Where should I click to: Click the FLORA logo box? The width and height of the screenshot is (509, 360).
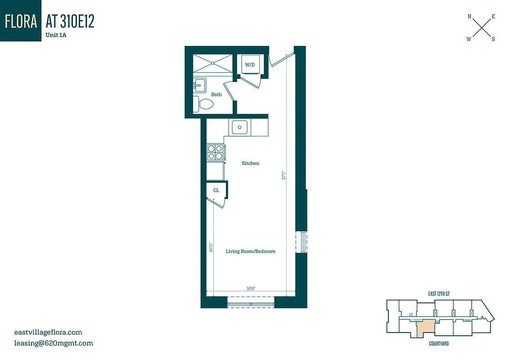click(x=21, y=21)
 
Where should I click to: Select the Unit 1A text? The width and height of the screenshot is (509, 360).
click(x=56, y=35)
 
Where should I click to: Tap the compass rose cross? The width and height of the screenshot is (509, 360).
click(x=481, y=28)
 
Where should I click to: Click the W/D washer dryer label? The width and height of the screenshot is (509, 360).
click(x=250, y=65)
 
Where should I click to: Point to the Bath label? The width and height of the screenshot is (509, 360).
click(x=216, y=94)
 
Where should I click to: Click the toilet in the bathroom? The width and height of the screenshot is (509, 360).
click(x=203, y=104)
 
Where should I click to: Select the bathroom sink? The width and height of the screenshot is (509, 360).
click(x=200, y=85)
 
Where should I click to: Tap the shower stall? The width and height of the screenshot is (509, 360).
click(x=213, y=63)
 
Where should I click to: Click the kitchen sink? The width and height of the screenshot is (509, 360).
click(x=240, y=127)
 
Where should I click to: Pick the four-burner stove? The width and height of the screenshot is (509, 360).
click(x=216, y=152)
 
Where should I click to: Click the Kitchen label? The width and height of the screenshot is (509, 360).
click(x=251, y=163)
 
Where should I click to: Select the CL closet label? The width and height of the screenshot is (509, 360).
click(x=216, y=190)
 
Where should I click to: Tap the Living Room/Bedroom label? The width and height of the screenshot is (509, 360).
click(x=251, y=251)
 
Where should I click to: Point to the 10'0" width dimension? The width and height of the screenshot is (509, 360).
click(x=251, y=288)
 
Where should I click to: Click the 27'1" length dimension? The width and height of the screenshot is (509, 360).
click(x=283, y=175)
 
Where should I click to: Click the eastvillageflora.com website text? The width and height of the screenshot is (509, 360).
click(x=49, y=333)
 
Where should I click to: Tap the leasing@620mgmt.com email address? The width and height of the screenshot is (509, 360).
click(x=54, y=343)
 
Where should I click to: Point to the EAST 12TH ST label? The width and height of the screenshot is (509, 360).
click(x=439, y=294)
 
